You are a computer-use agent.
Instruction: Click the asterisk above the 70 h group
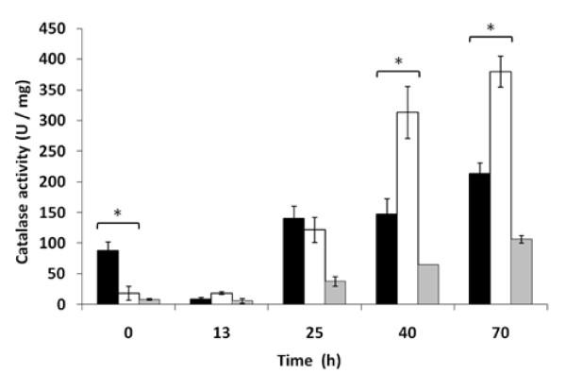pos(490,28)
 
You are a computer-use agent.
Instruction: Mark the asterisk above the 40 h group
pos(397,62)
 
